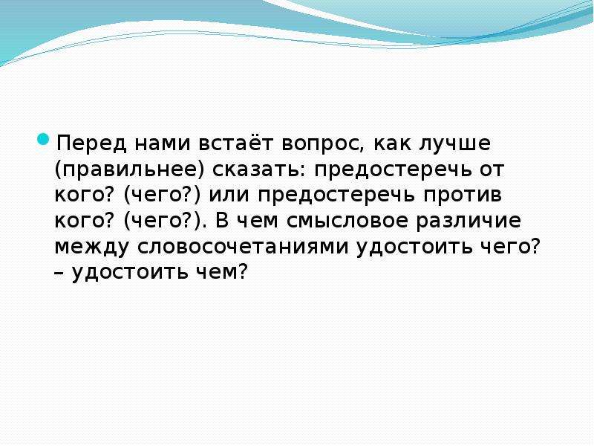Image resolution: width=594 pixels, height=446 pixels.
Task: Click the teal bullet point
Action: (44, 139)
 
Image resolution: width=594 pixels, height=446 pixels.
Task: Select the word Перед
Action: (91, 144)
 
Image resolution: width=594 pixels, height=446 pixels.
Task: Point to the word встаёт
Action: (235, 144)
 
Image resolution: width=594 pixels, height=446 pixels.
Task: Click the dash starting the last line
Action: (59, 272)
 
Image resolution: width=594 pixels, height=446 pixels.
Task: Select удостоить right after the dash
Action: (130, 272)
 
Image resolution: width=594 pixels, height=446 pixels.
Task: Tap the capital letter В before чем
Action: (222, 221)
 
